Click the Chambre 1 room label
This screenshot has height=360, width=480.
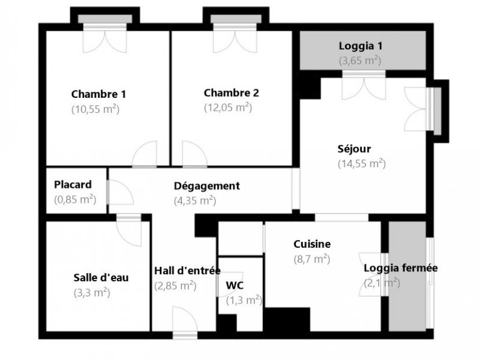[98, 94]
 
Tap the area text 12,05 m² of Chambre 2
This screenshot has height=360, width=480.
[228, 107]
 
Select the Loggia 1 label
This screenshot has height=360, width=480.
[361, 46]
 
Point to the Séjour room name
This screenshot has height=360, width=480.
[354, 149]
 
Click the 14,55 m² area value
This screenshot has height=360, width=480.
[362, 163]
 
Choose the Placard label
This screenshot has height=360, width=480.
[73, 185]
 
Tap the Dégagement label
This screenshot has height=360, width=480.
[207, 186]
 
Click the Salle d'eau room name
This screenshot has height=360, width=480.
[101, 278]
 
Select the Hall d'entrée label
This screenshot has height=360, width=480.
[187, 271]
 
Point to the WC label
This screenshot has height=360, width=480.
[235, 286]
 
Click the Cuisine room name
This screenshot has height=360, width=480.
[312, 244]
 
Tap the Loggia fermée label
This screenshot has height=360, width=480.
[401, 268]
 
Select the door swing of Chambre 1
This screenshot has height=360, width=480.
[144, 154]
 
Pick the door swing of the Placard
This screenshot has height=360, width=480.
[121, 192]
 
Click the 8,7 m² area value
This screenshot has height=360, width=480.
[312, 259]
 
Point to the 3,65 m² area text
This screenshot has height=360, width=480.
[360, 61]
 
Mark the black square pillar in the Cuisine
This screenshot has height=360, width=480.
[287, 319]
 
